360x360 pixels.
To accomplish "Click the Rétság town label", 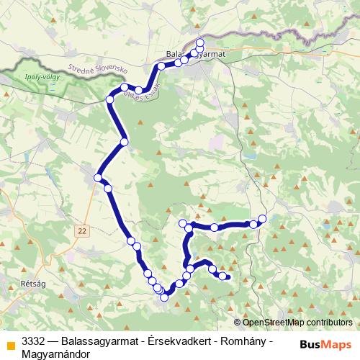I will click(x=35, y=284).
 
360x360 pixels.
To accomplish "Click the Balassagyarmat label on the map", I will click(x=196, y=54).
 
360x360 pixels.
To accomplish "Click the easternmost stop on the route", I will click(x=262, y=218).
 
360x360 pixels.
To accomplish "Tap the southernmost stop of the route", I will click(x=164, y=297).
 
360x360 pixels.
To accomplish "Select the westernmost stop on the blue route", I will click(x=97, y=177).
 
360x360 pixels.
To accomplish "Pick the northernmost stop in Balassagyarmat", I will click(x=200, y=42).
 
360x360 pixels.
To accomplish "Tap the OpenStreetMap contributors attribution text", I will click(x=297, y=322).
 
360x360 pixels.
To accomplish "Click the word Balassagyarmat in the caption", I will click(x=101, y=341).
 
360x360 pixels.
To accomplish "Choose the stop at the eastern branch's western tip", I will click(x=183, y=222).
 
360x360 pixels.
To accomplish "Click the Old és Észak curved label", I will click(x=141, y=89).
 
